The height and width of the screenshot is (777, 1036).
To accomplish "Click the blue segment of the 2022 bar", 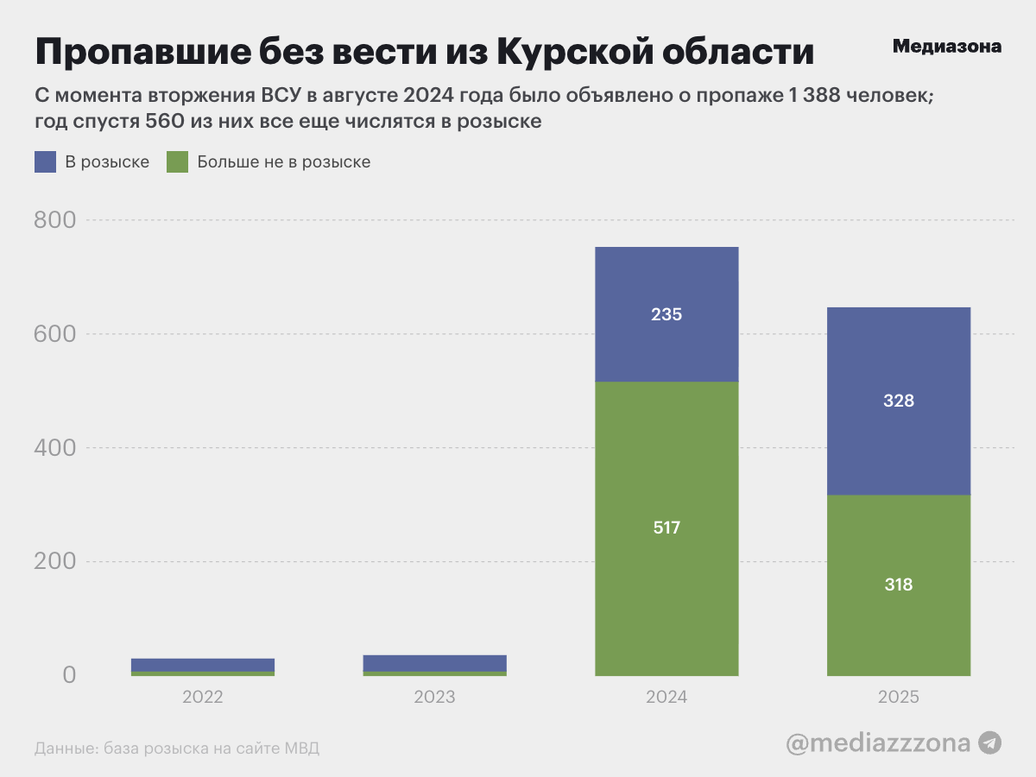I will pos(203,664).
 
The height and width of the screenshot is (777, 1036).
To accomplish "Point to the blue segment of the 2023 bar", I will pos(434,662).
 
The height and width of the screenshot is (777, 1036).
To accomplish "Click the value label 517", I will pos(666,527).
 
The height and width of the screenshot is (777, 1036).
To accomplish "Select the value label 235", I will pos(666,314).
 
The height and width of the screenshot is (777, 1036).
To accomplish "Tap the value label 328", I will pos(899,401).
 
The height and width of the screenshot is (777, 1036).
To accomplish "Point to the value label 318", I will pos(899,584).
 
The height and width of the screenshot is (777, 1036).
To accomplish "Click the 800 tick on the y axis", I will pos(55,220).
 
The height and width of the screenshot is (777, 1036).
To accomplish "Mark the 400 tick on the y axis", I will pos(55,447).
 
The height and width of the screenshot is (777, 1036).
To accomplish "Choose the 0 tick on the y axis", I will pos(68,674).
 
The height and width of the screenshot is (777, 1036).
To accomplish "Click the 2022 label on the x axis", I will pos(203,697).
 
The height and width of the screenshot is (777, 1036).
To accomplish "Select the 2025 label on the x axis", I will pos(899,697).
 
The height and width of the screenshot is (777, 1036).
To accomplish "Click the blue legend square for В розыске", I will pos(46,161).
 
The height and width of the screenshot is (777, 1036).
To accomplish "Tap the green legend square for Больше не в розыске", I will pos(177,161).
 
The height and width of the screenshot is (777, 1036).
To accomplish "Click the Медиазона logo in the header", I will pos(946,47).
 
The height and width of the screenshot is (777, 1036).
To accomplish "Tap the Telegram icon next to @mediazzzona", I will pos(989,742).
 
